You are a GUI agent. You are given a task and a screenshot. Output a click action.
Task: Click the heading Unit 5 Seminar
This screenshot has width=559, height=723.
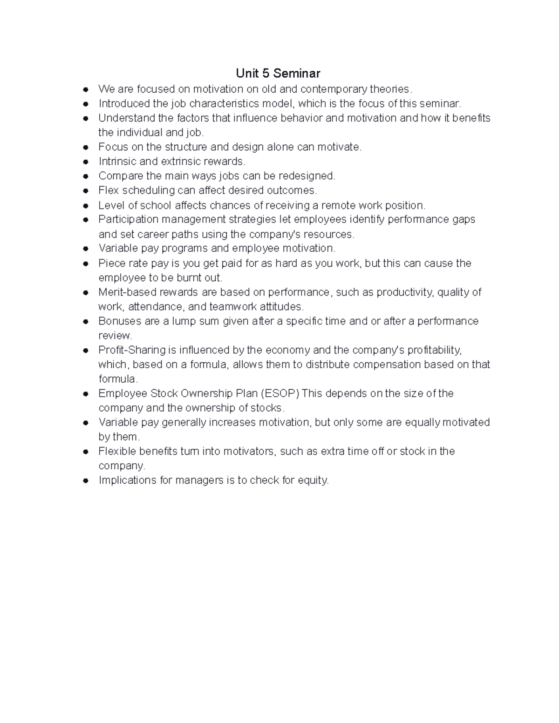tap(278, 73)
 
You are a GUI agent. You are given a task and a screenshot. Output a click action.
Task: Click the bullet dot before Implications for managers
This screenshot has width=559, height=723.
tap(85, 481)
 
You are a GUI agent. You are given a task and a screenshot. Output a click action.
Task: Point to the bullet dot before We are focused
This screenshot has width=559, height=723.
tap(85, 89)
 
